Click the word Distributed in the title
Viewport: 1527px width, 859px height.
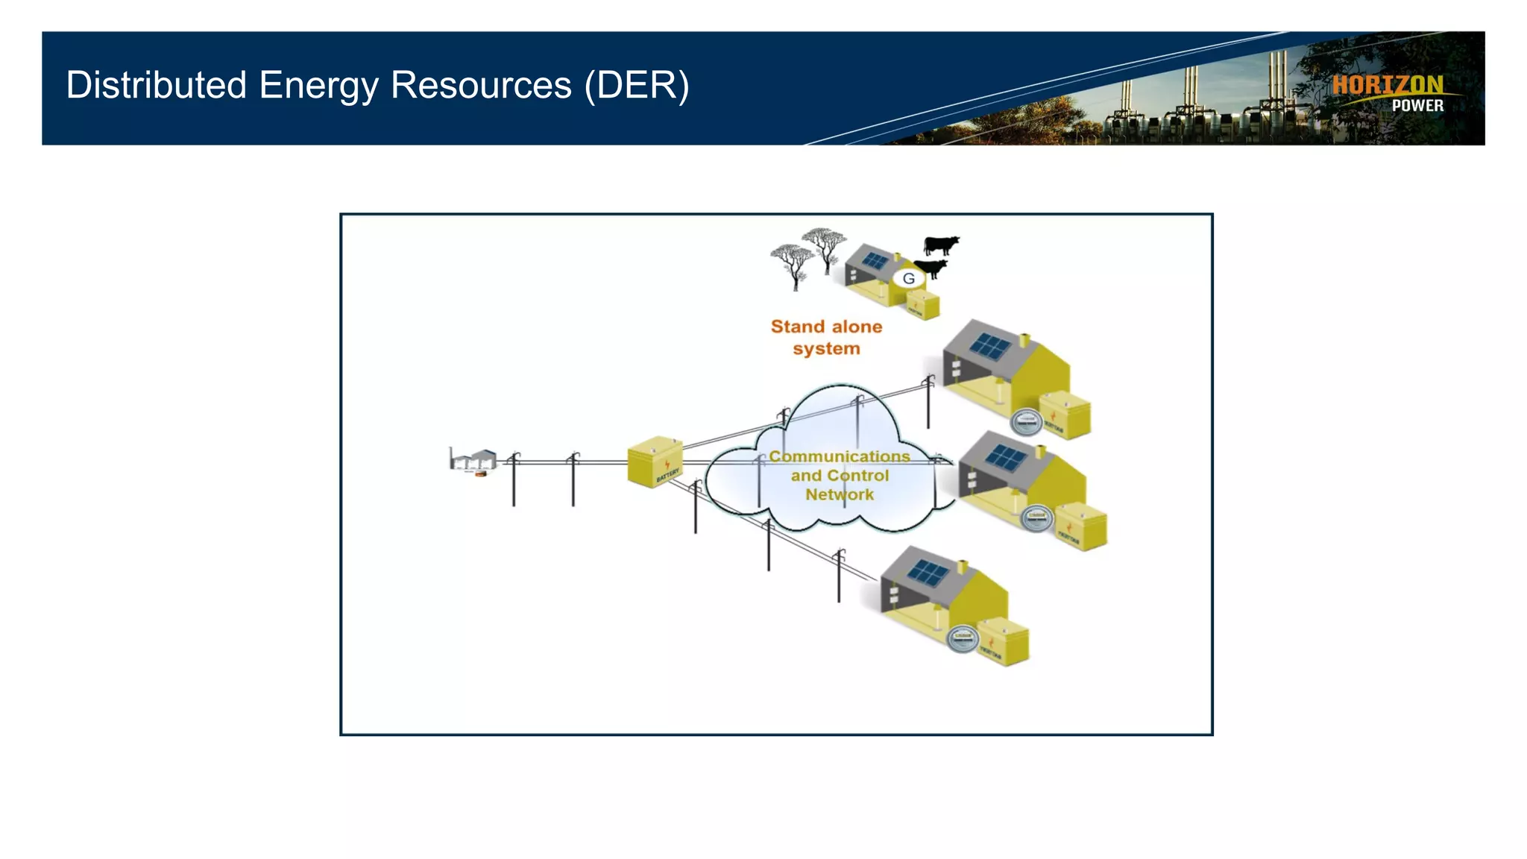point(156,85)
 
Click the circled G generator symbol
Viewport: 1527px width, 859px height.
point(908,279)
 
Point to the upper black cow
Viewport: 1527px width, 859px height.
point(940,245)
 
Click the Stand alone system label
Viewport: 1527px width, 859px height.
point(826,337)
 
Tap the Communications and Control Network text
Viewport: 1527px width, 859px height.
point(840,475)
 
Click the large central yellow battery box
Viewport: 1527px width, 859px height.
point(655,462)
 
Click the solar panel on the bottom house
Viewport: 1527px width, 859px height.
point(928,573)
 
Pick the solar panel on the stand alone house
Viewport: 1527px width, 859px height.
point(875,261)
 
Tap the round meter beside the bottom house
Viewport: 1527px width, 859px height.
point(962,639)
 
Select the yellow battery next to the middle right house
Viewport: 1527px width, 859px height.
point(1082,526)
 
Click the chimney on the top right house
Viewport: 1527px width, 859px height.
point(1024,341)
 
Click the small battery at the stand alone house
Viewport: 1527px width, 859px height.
point(923,304)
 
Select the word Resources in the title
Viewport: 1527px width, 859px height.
point(481,85)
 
